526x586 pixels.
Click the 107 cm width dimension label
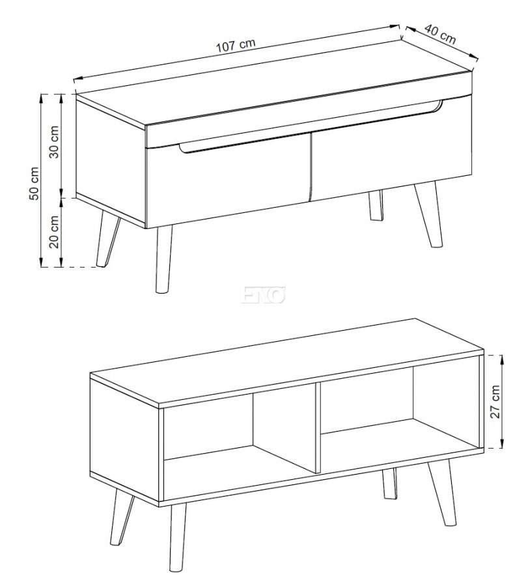click(x=236, y=44)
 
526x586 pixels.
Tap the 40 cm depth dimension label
click(x=441, y=35)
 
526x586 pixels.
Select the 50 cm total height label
click(x=34, y=184)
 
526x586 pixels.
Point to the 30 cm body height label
click(x=55, y=142)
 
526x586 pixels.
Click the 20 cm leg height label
click(x=55, y=232)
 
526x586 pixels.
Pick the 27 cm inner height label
click(x=495, y=402)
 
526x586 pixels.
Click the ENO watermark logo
click(x=264, y=294)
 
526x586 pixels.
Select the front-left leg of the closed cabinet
click(x=163, y=258)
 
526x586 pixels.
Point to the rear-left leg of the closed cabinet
click(x=107, y=239)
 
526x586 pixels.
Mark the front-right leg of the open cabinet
click(x=443, y=493)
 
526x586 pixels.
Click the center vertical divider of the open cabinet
click(x=318, y=427)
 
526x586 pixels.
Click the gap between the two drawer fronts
click(x=311, y=167)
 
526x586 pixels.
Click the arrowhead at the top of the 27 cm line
click(x=502, y=359)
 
